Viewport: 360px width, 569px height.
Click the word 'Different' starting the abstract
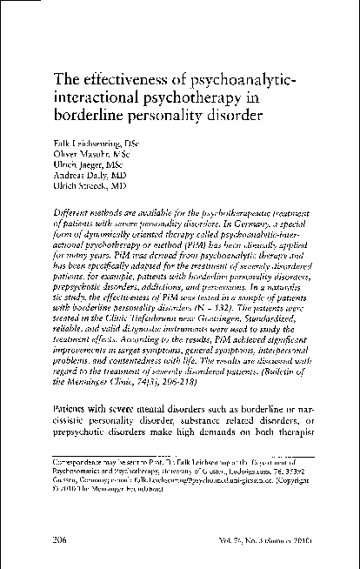coord(72,213)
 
